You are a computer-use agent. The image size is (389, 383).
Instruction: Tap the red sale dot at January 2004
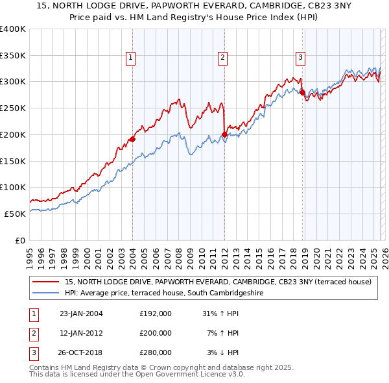click(132, 138)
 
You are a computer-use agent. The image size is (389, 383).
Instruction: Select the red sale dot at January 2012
click(224, 134)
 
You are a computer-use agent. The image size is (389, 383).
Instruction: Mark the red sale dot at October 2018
click(302, 92)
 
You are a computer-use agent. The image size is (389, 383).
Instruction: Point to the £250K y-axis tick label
click(12, 108)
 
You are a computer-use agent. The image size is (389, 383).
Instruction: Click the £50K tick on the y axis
click(15, 214)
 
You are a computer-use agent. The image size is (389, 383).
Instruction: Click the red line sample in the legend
click(46, 282)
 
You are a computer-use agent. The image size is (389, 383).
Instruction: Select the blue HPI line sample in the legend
click(46, 293)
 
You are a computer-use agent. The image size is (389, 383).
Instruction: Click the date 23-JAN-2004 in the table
click(81, 314)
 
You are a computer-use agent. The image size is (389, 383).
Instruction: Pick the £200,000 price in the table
click(156, 333)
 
